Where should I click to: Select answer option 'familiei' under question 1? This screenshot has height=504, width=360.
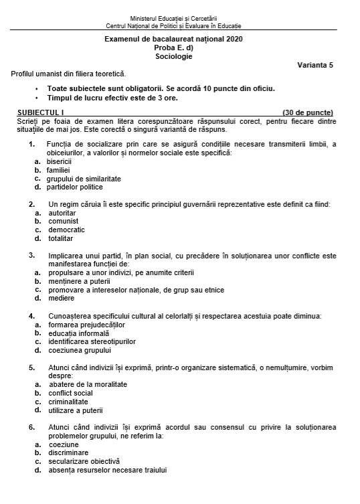(x=59, y=170)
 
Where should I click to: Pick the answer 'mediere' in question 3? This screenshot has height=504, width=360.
(x=62, y=298)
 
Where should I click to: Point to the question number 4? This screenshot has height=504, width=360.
(x=31, y=315)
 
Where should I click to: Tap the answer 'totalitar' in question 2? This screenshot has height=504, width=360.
(x=60, y=238)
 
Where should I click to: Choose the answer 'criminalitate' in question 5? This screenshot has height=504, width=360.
(x=70, y=401)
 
